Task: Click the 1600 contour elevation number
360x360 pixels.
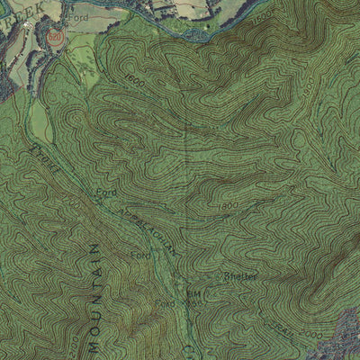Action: (135, 82)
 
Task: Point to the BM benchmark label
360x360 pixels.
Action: (192, 294)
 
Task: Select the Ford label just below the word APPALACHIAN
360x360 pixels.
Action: (140, 256)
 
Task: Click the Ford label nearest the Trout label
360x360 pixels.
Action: (106, 192)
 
